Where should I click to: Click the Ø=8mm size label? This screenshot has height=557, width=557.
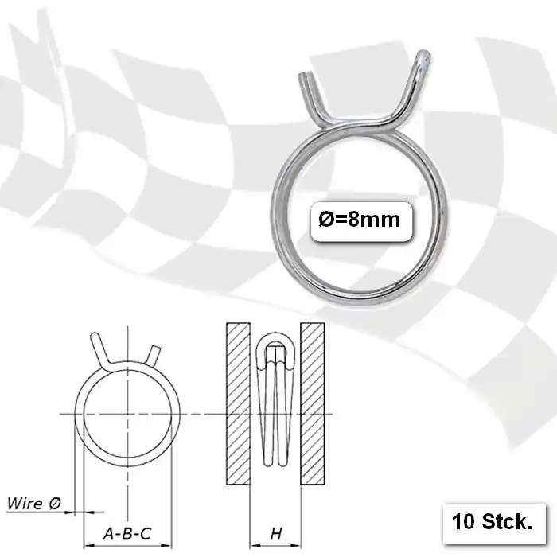click(x=360, y=220)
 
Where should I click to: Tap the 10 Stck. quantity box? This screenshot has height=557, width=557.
click(x=494, y=523)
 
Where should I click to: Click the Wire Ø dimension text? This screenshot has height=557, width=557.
click(x=34, y=503)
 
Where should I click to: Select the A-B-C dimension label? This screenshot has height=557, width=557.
click(x=127, y=534)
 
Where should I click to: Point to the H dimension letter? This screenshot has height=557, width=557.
click(x=276, y=534)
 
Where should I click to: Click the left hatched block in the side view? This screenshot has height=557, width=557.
click(x=239, y=403)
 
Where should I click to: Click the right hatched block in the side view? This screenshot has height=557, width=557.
click(x=313, y=403)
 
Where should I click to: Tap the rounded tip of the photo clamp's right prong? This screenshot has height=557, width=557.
click(x=424, y=56)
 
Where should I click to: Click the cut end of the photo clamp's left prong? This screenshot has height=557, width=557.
click(x=304, y=76)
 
